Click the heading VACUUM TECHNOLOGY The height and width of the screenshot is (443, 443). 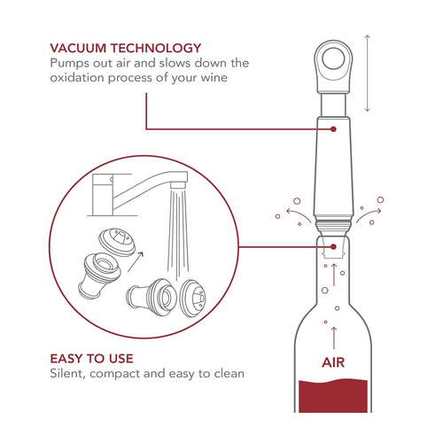pos(126,48)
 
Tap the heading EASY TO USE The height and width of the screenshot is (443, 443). pos(91,359)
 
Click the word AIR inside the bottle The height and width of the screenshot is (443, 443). pos(333,362)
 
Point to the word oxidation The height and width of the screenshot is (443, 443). pos(77,78)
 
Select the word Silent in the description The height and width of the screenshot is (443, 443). pos(68,374)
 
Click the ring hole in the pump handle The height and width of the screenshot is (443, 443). pos(333,58)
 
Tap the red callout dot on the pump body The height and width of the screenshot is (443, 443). pos(333,129)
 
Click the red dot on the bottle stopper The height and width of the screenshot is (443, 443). pos(333,246)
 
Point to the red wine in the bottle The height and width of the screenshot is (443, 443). pos(333,396)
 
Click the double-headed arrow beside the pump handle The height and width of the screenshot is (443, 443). pos(367,74)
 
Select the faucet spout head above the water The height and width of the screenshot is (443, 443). pos(178,185)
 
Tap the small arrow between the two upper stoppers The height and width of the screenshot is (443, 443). pos(136,261)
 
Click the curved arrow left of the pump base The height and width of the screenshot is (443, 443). pos(298,214)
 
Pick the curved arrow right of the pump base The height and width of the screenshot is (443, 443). pos(369,214)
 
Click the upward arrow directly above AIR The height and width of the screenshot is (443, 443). pos(334,338)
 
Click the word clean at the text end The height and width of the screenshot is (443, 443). pos(229,374)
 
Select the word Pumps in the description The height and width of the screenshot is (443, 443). pos(69,64)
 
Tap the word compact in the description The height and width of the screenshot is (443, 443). pos(115,375)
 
